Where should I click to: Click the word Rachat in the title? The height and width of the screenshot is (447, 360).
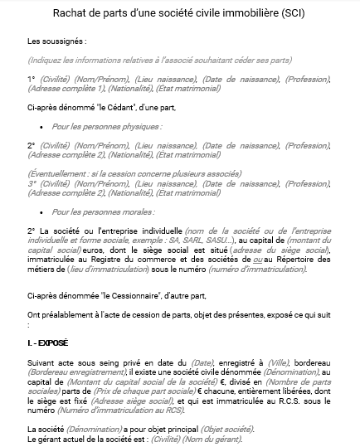71,12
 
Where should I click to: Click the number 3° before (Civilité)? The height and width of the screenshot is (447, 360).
32,184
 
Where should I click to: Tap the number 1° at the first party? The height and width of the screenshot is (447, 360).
32,79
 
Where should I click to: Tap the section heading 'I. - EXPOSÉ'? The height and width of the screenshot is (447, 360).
48,342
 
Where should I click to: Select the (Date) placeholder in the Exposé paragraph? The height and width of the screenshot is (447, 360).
202,362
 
